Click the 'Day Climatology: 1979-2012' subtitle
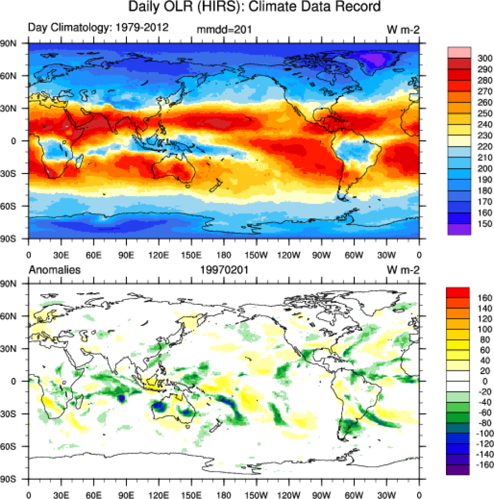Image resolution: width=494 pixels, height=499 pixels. click(98, 28)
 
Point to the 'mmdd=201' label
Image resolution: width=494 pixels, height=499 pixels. click(224, 30)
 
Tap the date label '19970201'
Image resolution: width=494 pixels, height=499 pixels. click(224, 271)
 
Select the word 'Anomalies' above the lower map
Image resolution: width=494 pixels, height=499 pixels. click(54, 270)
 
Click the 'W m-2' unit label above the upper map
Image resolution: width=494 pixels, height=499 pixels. click(403, 30)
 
